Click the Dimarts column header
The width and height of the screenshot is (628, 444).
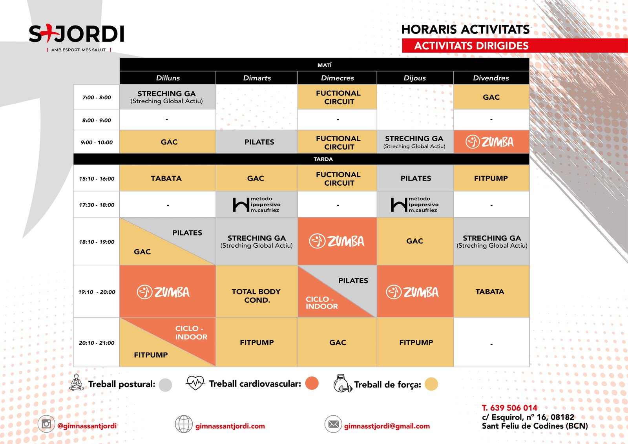click(x=257, y=78)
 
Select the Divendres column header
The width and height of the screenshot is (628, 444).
click(x=491, y=78)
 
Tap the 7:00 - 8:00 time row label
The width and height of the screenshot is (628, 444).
click(x=97, y=97)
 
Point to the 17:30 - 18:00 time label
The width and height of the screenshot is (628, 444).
click(x=97, y=205)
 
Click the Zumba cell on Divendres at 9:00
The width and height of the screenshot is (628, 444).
click(x=491, y=142)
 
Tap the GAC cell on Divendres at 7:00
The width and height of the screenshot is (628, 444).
click(x=491, y=97)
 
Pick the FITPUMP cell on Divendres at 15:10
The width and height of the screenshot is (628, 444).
click(x=491, y=178)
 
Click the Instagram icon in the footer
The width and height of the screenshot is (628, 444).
click(x=46, y=424)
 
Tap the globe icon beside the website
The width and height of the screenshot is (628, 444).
click(x=184, y=424)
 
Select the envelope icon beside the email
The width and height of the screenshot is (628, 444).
click(x=333, y=424)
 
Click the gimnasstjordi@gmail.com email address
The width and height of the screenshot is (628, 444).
click(x=387, y=426)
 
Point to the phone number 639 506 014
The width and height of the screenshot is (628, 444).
click(x=514, y=408)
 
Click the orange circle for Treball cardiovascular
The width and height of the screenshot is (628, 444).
click(x=312, y=383)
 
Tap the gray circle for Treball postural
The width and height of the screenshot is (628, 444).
click(x=165, y=385)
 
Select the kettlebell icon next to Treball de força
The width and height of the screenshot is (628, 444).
click(x=342, y=383)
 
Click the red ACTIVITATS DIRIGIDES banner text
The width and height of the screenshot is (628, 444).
click(x=471, y=46)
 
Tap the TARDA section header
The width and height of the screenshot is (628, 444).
click(x=323, y=159)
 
